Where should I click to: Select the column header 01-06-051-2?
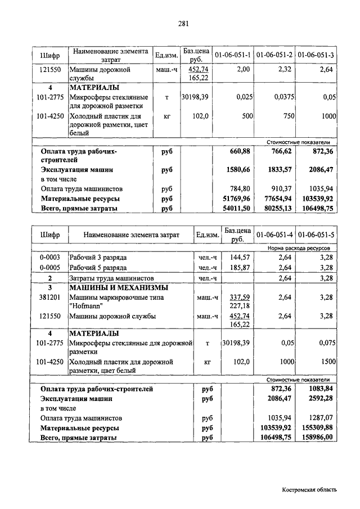[274, 55]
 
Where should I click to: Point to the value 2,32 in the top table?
[285, 70]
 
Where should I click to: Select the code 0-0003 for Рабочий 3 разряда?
[49, 257]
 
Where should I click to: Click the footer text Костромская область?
[309, 490]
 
